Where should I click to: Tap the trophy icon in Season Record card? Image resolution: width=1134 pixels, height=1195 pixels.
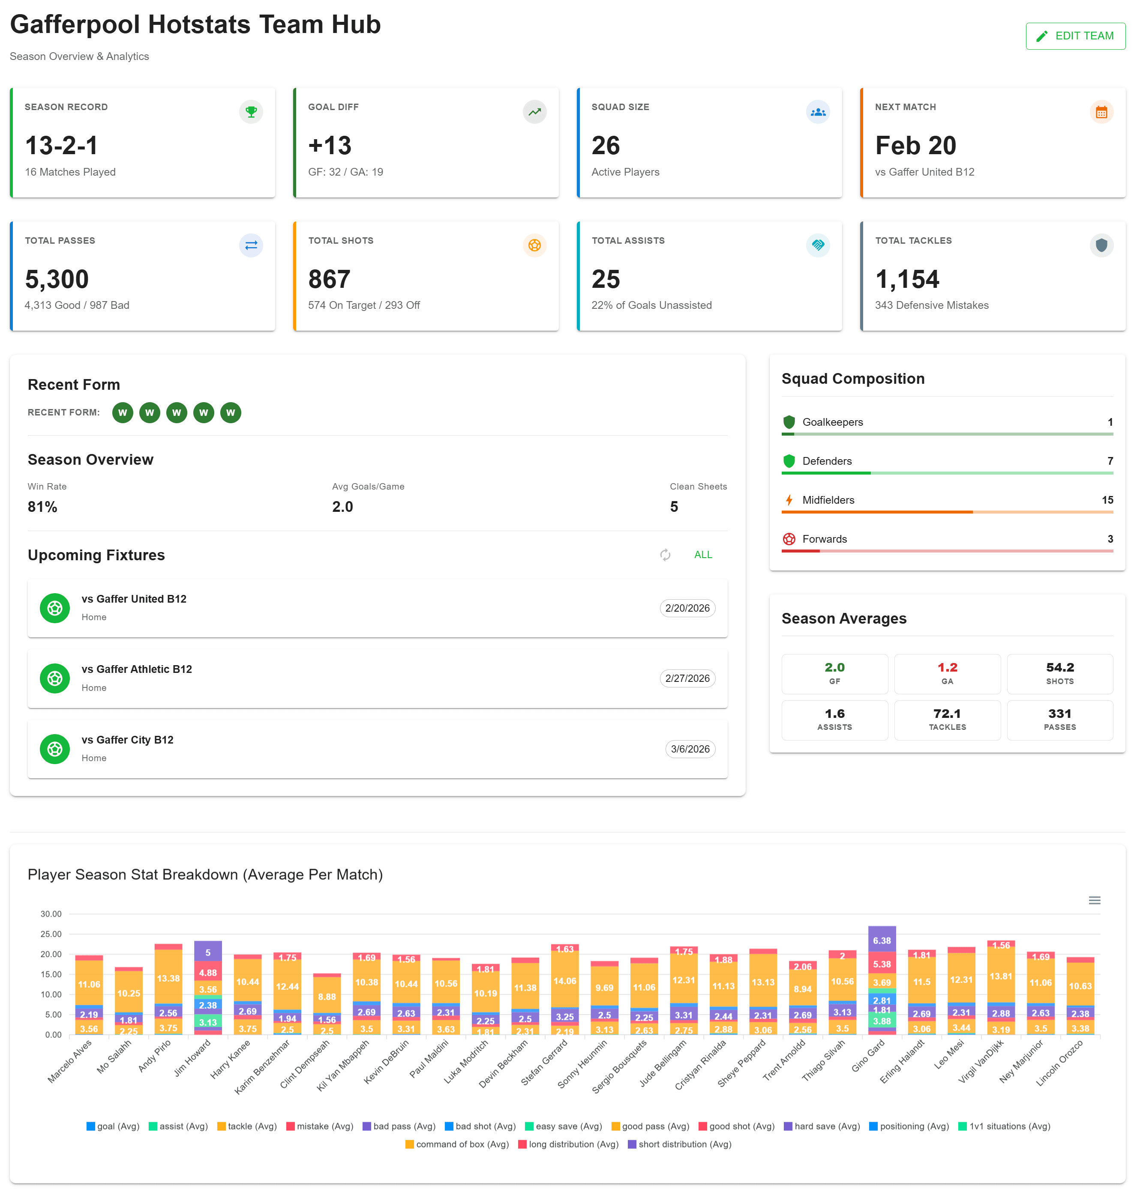click(x=251, y=112)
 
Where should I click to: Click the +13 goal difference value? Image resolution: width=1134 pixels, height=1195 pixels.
click(x=330, y=146)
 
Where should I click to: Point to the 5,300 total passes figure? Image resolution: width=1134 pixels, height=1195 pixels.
click(x=57, y=279)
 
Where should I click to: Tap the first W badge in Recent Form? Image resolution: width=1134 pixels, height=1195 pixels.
click(x=123, y=412)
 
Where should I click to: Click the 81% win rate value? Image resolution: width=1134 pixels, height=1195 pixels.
click(x=42, y=506)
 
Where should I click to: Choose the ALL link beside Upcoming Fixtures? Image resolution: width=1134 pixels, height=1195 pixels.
click(x=702, y=555)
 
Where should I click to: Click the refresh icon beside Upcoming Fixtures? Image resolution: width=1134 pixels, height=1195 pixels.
click(x=665, y=555)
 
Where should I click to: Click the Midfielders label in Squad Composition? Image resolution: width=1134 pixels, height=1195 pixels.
click(x=828, y=499)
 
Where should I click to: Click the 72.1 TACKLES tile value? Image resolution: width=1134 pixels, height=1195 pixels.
click(x=947, y=714)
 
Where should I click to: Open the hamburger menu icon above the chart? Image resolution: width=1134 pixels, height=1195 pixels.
click(x=1094, y=900)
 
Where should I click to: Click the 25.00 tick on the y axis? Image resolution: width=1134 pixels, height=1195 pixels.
click(x=51, y=934)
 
